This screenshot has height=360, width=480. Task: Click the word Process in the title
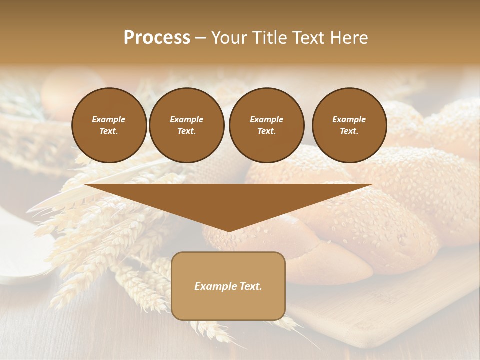pyautogui.click(x=157, y=38)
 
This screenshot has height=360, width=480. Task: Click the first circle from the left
pyautogui.click(x=109, y=125)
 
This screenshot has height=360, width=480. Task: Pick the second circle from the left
pyautogui.click(x=186, y=125)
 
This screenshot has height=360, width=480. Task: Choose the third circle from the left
pyautogui.click(x=266, y=125)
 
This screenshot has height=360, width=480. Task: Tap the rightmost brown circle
pyautogui.click(x=349, y=125)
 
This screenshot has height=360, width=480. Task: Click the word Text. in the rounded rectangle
pyautogui.click(x=250, y=286)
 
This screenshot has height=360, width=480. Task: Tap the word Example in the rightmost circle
pyautogui.click(x=349, y=119)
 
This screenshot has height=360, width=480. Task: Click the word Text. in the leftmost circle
pyautogui.click(x=109, y=131)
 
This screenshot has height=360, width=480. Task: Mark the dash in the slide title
pyautogui.click(x=200, y=38)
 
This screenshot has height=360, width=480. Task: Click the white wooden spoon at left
pyautogui.click(x=20, y=260)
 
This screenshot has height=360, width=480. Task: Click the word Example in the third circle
pyautogui.click(x=266, y=119)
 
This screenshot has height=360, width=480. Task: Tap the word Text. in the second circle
pyautogui.click(x=186, y=131)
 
